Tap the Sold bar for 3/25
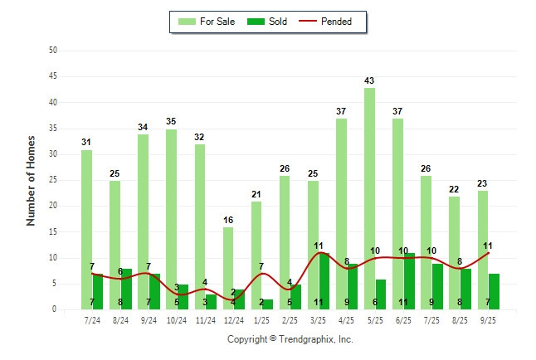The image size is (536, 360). tap(324, 282)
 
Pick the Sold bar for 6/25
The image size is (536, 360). tap(409, 282)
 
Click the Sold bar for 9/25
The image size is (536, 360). tap(495, 292)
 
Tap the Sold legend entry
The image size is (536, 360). tap(270, 22)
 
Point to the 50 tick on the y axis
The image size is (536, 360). tap(53, 51)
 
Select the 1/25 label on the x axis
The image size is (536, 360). tap(261, 319)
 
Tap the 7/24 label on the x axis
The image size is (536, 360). tap(92, 319)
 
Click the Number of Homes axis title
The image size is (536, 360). tap(32, 180)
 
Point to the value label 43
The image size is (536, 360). tap(369, 80)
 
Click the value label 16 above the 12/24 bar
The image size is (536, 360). tap(228, 220)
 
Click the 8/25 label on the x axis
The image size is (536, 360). tap(460, 319)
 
